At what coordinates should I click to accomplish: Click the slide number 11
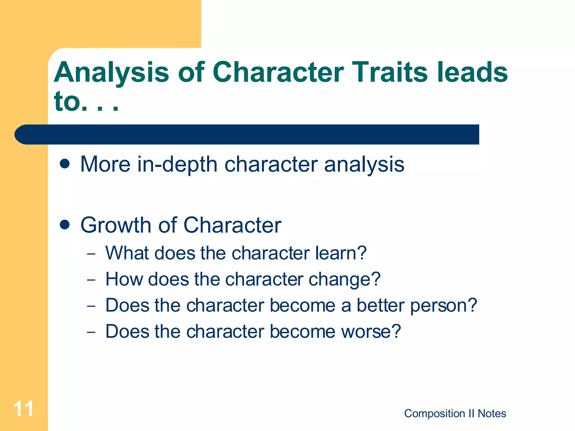tap(24, 409)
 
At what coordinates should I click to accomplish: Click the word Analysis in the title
tap(111, 73)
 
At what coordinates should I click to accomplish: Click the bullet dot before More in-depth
tap(65, 164)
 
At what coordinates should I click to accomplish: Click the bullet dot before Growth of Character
tap(65, 225)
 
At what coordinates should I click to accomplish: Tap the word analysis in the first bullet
tap(364, 165)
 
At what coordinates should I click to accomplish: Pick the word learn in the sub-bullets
tap(341, 253)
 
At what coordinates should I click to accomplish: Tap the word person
tap(444, 306)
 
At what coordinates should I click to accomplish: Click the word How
tap(124, 279)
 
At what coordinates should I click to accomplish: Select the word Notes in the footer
tap(492, 414)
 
